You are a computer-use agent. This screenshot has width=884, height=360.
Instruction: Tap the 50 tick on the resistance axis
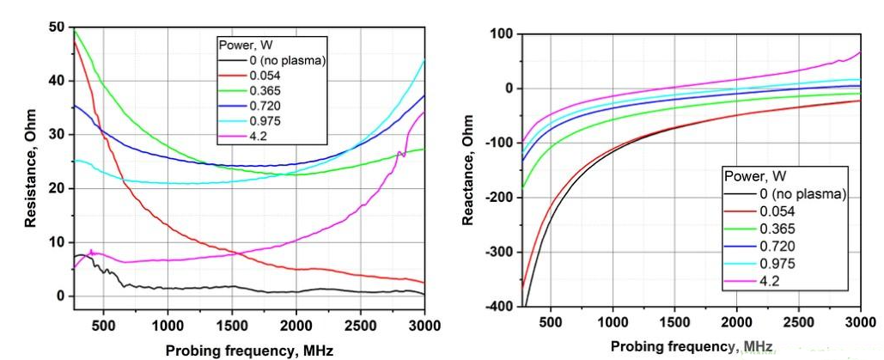(56, 27)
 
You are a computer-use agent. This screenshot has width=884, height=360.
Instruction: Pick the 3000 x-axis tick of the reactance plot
(860, 321)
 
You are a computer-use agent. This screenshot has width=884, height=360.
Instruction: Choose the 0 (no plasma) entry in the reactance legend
(802, 193)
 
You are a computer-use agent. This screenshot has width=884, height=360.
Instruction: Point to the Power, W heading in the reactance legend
(753, 177)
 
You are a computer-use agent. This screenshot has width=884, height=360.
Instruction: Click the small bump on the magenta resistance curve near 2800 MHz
(401, 154)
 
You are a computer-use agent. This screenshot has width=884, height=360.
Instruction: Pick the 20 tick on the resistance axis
(56, 189)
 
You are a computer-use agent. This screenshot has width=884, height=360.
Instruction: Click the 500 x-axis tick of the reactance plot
(550, 321)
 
